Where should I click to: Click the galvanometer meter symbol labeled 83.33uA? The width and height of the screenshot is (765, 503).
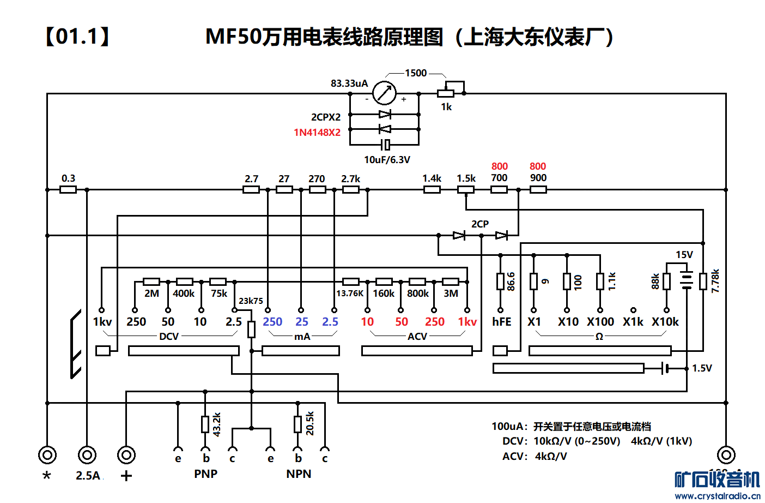(x=384, y=93)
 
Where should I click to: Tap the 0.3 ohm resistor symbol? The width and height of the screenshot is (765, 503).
(x=68, y=190)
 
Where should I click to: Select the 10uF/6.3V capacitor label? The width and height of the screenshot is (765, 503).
(x=387, y=160)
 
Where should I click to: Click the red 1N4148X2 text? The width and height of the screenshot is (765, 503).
(x=317, y=133)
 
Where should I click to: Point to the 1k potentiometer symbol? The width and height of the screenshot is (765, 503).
(x=446, y=93)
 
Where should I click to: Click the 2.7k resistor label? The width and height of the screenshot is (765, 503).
(x=350, y=179)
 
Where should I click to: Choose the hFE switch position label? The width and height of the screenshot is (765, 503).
(x=501, y=322)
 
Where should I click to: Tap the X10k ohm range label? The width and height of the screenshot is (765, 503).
(x=665, y=322)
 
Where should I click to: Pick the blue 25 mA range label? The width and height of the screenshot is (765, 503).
(x=301, y=322)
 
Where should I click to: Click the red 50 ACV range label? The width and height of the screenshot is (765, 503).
(x=402, y=322)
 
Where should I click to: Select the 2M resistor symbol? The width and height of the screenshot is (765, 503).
(x=151, y=282)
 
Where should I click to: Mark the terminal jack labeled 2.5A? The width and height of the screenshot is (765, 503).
(x=87, y=454)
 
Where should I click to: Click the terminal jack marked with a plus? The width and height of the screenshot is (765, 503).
(x=126, y=454)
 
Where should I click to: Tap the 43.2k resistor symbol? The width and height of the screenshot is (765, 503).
(x=205, y=424)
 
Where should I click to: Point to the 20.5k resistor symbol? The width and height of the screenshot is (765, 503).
(x=298, y=424)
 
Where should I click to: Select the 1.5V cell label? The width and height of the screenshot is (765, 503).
(x=702, y=368)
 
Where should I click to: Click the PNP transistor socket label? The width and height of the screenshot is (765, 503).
(x=205, y=474)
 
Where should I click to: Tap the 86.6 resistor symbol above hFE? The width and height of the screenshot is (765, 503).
(x=500, y=282)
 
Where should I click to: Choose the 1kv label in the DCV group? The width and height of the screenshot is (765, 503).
(x=102, y=322)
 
